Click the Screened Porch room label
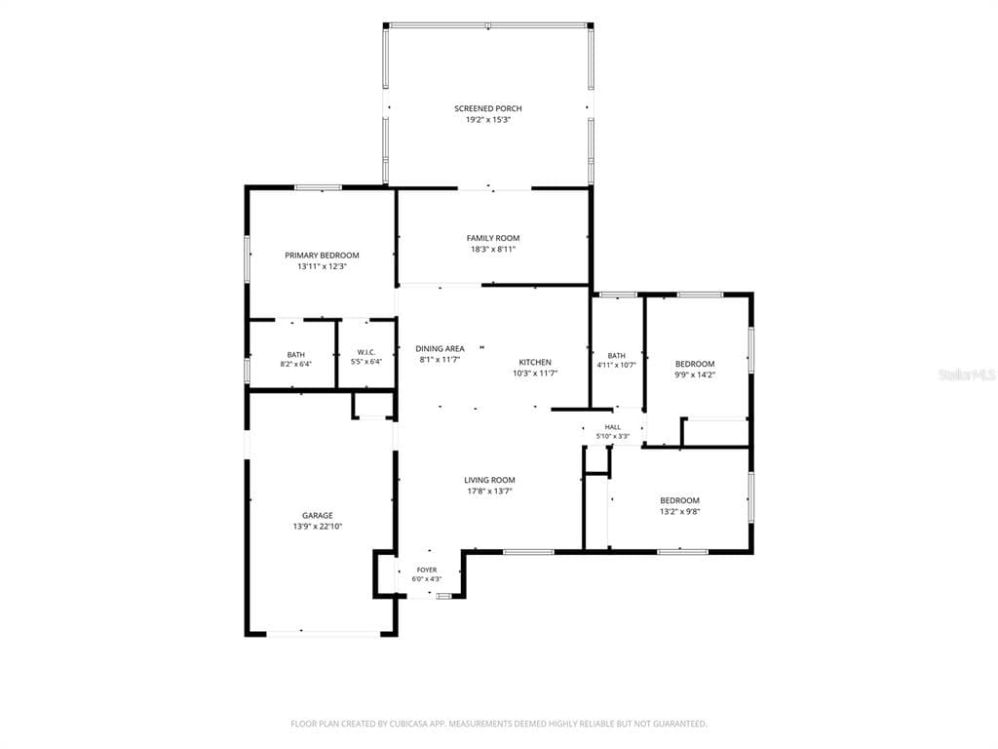point(488,109)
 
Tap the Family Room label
point(493,238)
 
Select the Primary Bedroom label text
point(322,256)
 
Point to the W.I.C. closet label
point(366,352)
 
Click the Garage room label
point(318,516)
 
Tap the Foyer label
point(427,570)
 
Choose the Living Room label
point(489,480)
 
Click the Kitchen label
point(535,363)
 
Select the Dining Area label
point(440,349)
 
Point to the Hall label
point(613,427)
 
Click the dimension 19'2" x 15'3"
point(488,120)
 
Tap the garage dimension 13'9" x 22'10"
point(318,527)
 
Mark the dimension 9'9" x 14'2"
point(695,375)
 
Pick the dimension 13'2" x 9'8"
point(679,511)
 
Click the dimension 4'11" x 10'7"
point(616,366)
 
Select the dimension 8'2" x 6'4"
point(296,365)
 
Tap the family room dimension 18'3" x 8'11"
point(493,250)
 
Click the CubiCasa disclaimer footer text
point(499,724)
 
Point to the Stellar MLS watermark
point(968,375)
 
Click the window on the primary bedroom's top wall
point(319,187)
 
